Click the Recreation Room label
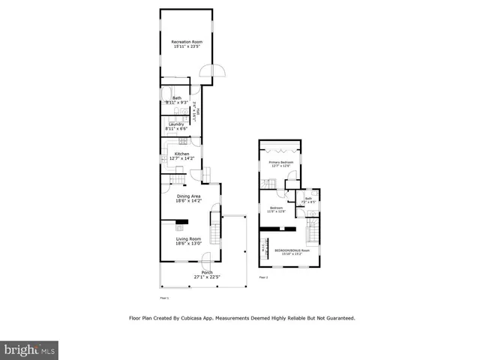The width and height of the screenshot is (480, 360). (x=187, y=42)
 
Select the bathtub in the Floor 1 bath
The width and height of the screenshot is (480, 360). (x=175, y=84)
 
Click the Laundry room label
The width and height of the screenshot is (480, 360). (x=176, y=124)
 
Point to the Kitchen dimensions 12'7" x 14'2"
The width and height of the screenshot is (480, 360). (x=181, y=159)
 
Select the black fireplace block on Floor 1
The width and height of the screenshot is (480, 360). (x=181, y=222)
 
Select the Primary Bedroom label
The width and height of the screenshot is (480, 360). (x=279, y=162)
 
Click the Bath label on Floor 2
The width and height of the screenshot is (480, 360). (x=307, y=199)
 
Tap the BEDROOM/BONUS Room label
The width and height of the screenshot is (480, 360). (x=292, y=250)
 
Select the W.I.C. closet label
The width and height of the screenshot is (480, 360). (x=264, y=247)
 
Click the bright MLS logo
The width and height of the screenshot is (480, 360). (x=29, y=350)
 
